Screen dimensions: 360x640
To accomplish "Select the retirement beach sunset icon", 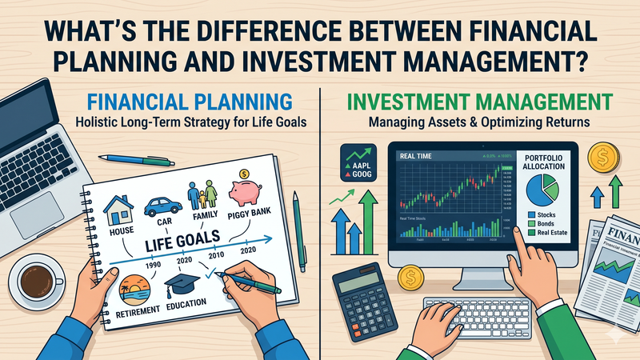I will (133, 289).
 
